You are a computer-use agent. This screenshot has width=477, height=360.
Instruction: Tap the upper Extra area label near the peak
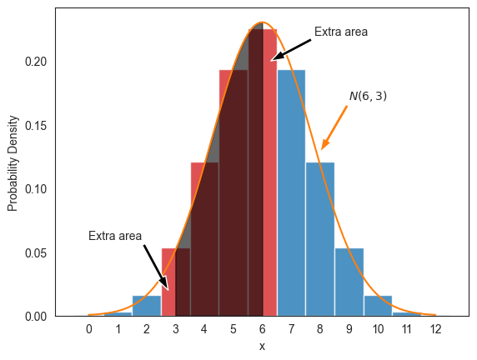point(341,32)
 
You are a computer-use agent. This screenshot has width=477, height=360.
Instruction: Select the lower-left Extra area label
point(115,236)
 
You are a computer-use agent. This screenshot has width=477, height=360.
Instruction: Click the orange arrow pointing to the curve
point(334,127)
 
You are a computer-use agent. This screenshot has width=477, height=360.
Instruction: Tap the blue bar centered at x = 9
point(349,282)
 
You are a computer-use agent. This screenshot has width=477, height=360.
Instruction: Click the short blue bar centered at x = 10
point(378,306)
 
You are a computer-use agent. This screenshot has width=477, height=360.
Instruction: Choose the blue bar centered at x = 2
point(147,306)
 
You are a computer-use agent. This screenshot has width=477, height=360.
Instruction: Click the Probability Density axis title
point(13,162)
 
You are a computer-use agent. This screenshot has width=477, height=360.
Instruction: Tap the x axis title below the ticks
point(262,346)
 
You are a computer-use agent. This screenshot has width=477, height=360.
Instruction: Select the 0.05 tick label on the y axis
point(39,253)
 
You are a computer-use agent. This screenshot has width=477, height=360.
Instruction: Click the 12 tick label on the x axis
point(435,329)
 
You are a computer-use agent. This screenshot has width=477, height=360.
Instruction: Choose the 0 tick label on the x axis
point(89,329)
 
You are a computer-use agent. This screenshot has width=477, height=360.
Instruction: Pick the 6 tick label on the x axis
point(263,329)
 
